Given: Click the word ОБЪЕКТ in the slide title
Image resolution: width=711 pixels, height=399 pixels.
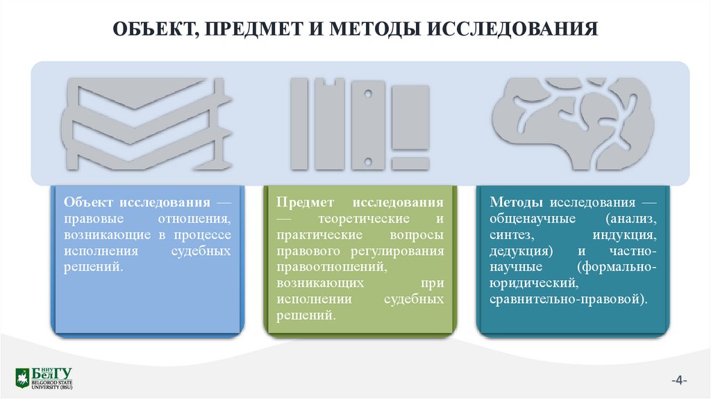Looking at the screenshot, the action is [152, 31].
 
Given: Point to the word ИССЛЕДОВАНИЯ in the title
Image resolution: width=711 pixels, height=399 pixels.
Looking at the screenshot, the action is [516, 31].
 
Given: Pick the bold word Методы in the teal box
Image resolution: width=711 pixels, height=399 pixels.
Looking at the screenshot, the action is [518, 202].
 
